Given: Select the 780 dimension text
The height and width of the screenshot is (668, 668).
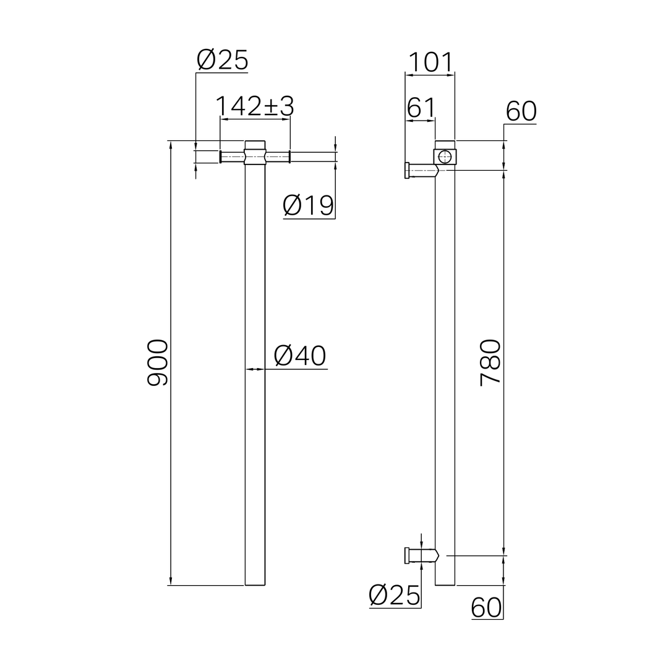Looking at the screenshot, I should (490, 362).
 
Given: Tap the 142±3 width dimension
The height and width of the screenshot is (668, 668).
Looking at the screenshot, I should (254, 106).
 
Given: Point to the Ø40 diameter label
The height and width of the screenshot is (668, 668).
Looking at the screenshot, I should (300, 356).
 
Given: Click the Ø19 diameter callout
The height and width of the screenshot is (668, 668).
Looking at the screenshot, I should (308, 205).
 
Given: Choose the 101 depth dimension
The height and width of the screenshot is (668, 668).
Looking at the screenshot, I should (430, 62).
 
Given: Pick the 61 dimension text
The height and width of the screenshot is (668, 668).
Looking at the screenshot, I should (421, 108).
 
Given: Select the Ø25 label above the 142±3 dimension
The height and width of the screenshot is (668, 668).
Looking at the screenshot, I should (222, 60).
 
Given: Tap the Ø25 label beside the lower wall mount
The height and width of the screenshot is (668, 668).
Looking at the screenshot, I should (394, 595).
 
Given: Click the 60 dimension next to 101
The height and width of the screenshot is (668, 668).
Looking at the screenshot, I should (521, 112).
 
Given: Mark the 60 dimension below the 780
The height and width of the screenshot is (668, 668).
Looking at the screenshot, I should (486, 607).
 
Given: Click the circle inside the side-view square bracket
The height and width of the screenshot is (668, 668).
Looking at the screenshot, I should (445, 156).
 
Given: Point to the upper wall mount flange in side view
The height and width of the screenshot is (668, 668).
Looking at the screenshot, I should (407, 170).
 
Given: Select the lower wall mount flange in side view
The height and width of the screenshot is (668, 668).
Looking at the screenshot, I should (407, 555).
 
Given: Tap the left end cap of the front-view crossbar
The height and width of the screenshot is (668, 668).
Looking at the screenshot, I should (221, 156).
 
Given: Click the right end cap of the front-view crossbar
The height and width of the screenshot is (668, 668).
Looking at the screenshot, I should (289, 156).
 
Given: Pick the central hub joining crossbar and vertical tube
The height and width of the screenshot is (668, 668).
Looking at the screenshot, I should (255, 153).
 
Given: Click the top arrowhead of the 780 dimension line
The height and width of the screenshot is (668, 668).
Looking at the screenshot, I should (504, 175).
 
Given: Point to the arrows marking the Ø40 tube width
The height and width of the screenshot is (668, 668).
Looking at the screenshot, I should (255, 369).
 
